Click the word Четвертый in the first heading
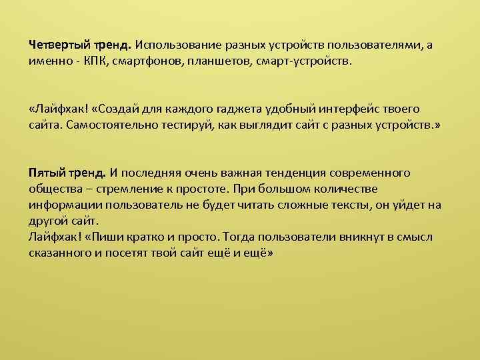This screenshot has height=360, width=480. pyautogui.click(x=59, y=45)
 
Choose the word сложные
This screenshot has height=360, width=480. pyautogui.click(x=290, y=205)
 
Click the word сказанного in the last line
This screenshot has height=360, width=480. pyautogui.click(x=58, y=253)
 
